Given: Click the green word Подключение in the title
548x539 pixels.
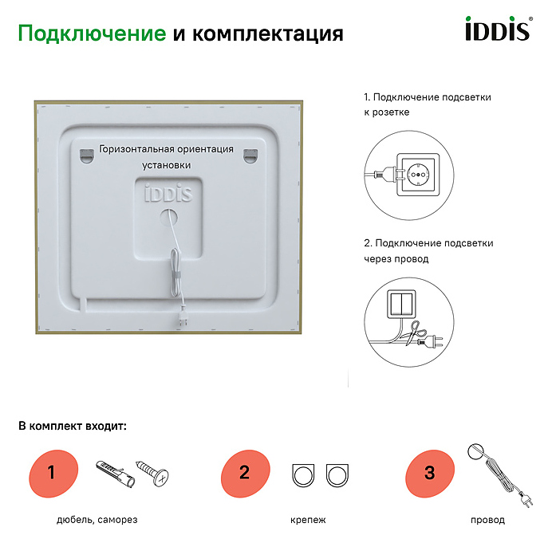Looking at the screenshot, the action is coord(92,33).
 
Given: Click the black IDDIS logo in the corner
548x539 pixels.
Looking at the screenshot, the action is coord(499,28).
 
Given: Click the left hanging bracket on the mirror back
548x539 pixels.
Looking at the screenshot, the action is coord(87,155).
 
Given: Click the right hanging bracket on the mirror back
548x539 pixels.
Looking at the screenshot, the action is coord(250,155).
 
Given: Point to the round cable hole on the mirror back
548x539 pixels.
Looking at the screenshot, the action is coord(168,218).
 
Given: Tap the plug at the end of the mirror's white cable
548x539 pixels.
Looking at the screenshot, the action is coord(182,319).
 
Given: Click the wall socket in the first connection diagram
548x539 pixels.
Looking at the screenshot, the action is coord(418,175).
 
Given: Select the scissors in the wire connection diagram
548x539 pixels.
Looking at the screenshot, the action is coord(415,332).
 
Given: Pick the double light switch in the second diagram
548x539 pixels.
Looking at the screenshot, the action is coord(401,304).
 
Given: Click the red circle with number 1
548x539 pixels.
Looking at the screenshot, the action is coord(53,474).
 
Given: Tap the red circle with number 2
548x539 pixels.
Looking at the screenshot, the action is coord(246,474).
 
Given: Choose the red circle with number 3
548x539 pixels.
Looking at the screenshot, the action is coord(430,474).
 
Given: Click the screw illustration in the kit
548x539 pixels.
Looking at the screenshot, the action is coord(152,472).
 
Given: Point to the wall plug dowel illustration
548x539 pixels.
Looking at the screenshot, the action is coord(115,474).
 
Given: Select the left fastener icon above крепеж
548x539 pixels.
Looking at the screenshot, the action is coord(303,475).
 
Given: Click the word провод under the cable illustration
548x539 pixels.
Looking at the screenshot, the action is coord(487,520).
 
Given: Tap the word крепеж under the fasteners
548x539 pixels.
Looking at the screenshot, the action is coord(308,520).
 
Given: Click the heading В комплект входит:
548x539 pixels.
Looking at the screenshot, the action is coord(73,426).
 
